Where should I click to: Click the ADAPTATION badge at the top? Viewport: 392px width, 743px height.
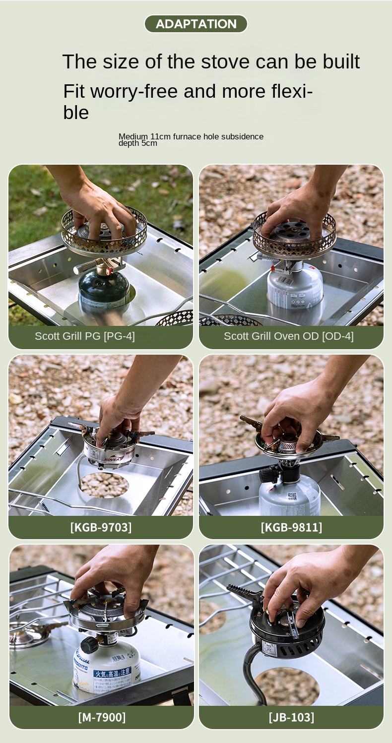[196, 24]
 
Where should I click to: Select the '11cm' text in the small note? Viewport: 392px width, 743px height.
[160, 136]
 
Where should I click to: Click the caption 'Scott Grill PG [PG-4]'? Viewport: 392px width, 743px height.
[85, 336]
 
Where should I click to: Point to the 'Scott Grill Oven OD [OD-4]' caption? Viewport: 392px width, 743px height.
[288, 336]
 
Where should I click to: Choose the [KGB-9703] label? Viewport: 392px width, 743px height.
[101, 527]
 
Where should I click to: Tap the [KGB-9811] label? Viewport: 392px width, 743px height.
[291, 527]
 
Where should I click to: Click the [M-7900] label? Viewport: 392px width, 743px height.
[102, 717]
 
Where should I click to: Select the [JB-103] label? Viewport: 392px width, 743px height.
[291, 717]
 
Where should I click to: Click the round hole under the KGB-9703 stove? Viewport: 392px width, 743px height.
[104, 485]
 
